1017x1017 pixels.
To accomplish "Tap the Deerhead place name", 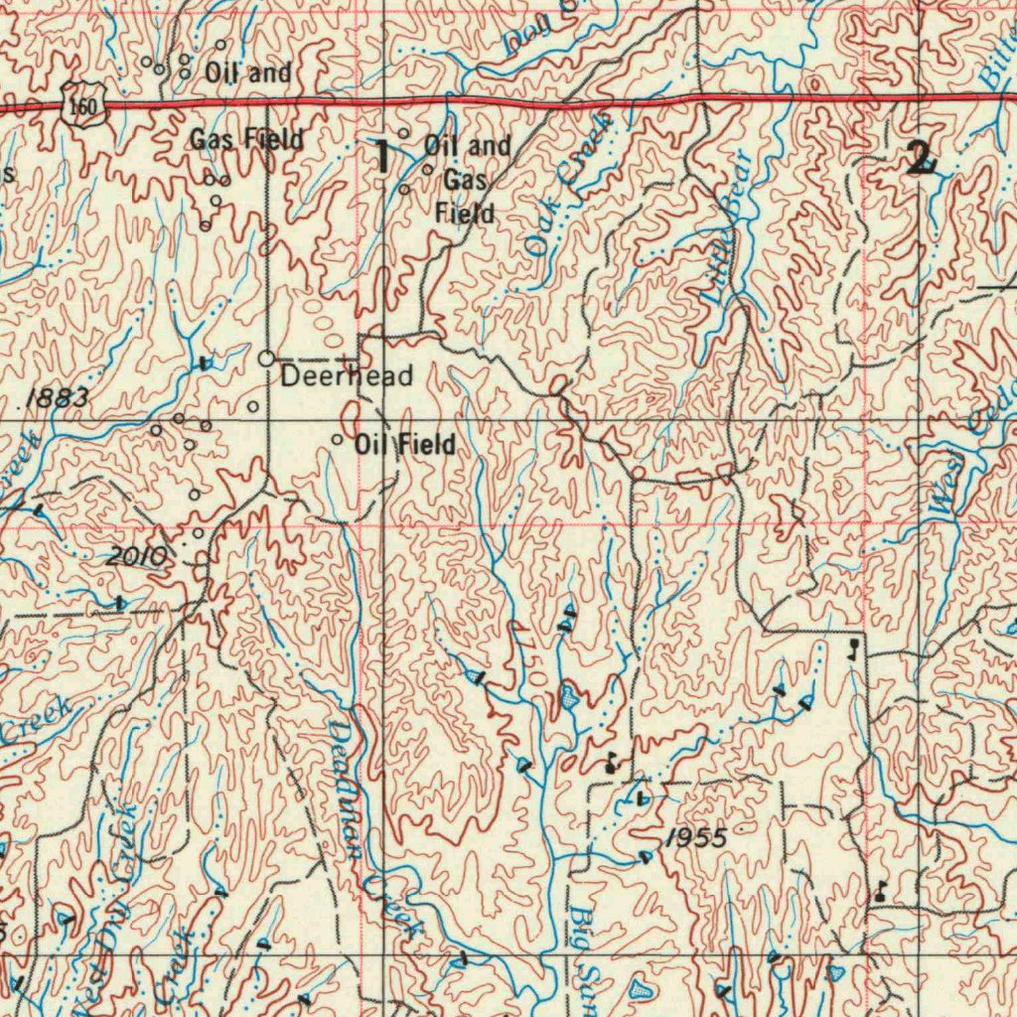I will point(347,376).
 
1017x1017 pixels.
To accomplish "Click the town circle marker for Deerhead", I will point(267,358).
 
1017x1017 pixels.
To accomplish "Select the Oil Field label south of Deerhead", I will point(405,445).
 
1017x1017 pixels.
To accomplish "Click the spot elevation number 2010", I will point(138,556).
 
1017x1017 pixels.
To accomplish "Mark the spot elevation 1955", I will point(696,838).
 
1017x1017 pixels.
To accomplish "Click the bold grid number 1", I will point(381,157).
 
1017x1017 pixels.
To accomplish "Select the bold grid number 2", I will point(921,158).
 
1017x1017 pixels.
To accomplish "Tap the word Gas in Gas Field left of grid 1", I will point(212,140).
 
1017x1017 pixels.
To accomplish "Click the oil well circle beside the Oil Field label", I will point(338,439).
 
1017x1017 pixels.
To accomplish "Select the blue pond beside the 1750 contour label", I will point(569,696).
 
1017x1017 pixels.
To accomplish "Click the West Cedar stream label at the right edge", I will point(968,447).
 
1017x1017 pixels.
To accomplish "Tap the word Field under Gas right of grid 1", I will point(465,213).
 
